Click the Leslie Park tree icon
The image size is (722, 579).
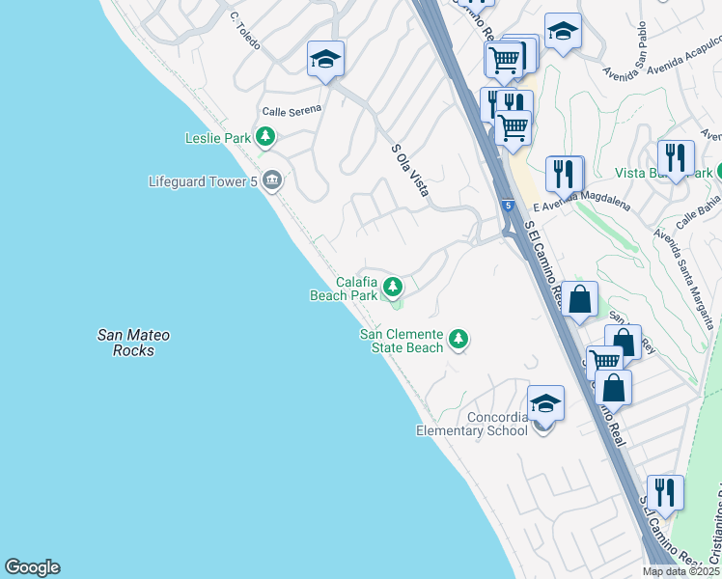[x=265, y=138]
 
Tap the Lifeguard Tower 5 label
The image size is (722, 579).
[x=205, y=180]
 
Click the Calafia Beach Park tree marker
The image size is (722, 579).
[x=392, y=287]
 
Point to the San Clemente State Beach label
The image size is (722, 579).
[x=402, y=341]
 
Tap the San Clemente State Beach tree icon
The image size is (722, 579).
[x=458, y=339]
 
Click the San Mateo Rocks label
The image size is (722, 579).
[x=133, y=343]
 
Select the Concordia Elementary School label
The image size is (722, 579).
[x=472, y=424]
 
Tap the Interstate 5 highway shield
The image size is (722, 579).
[x=508, y=206]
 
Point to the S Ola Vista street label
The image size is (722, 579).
[x=409, y=171]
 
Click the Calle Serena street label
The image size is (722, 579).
[x=292, y=110]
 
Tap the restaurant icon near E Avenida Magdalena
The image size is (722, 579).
[x=565, y=175]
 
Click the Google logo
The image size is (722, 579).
[x=32, y=567]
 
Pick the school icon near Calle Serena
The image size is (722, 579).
[x=326, y=60]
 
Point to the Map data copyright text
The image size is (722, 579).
[x=681, y=571]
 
